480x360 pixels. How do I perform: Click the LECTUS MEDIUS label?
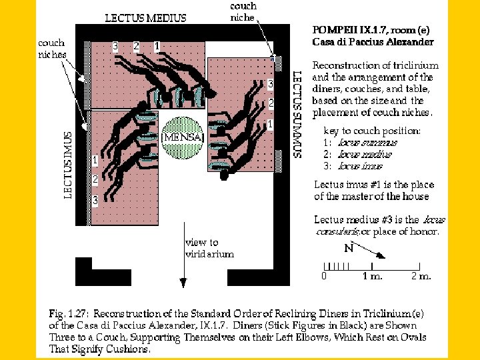point(146,18)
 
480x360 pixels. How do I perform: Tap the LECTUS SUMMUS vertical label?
point(297,114)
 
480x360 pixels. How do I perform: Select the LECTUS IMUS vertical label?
point(67,159)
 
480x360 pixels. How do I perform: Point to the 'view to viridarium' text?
point(209,248)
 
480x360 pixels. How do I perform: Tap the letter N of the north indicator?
point(348,249)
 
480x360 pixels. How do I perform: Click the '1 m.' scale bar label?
point(373,275)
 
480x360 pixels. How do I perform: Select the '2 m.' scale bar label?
point(421,275)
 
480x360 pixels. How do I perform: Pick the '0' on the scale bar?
point(324,275)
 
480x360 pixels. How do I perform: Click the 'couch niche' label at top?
point(243,11)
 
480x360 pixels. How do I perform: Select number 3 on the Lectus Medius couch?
point(115,47)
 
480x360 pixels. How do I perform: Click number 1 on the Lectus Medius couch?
point(156,47)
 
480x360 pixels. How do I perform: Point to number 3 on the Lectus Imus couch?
point(95,200)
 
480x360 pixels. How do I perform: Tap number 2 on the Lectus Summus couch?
point(271,103)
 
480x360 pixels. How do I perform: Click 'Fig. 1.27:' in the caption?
point(69,313)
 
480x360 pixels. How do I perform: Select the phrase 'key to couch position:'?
point(371,131)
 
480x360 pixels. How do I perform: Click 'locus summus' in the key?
point(367,143)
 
